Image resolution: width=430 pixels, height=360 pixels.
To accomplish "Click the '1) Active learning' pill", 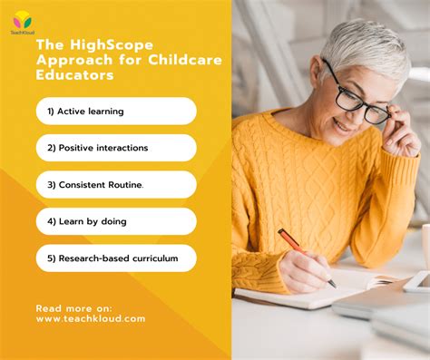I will coord(115,111).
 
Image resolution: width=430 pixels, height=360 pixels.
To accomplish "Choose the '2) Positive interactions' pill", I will coord(115,148).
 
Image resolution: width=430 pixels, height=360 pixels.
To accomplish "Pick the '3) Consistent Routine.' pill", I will coord(115,184).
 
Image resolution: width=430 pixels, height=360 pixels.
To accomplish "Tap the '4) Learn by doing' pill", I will coord(115,221).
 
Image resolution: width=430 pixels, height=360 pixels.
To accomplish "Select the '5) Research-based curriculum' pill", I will coord(115,258).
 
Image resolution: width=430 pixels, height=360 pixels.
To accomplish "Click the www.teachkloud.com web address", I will coord(91,319).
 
